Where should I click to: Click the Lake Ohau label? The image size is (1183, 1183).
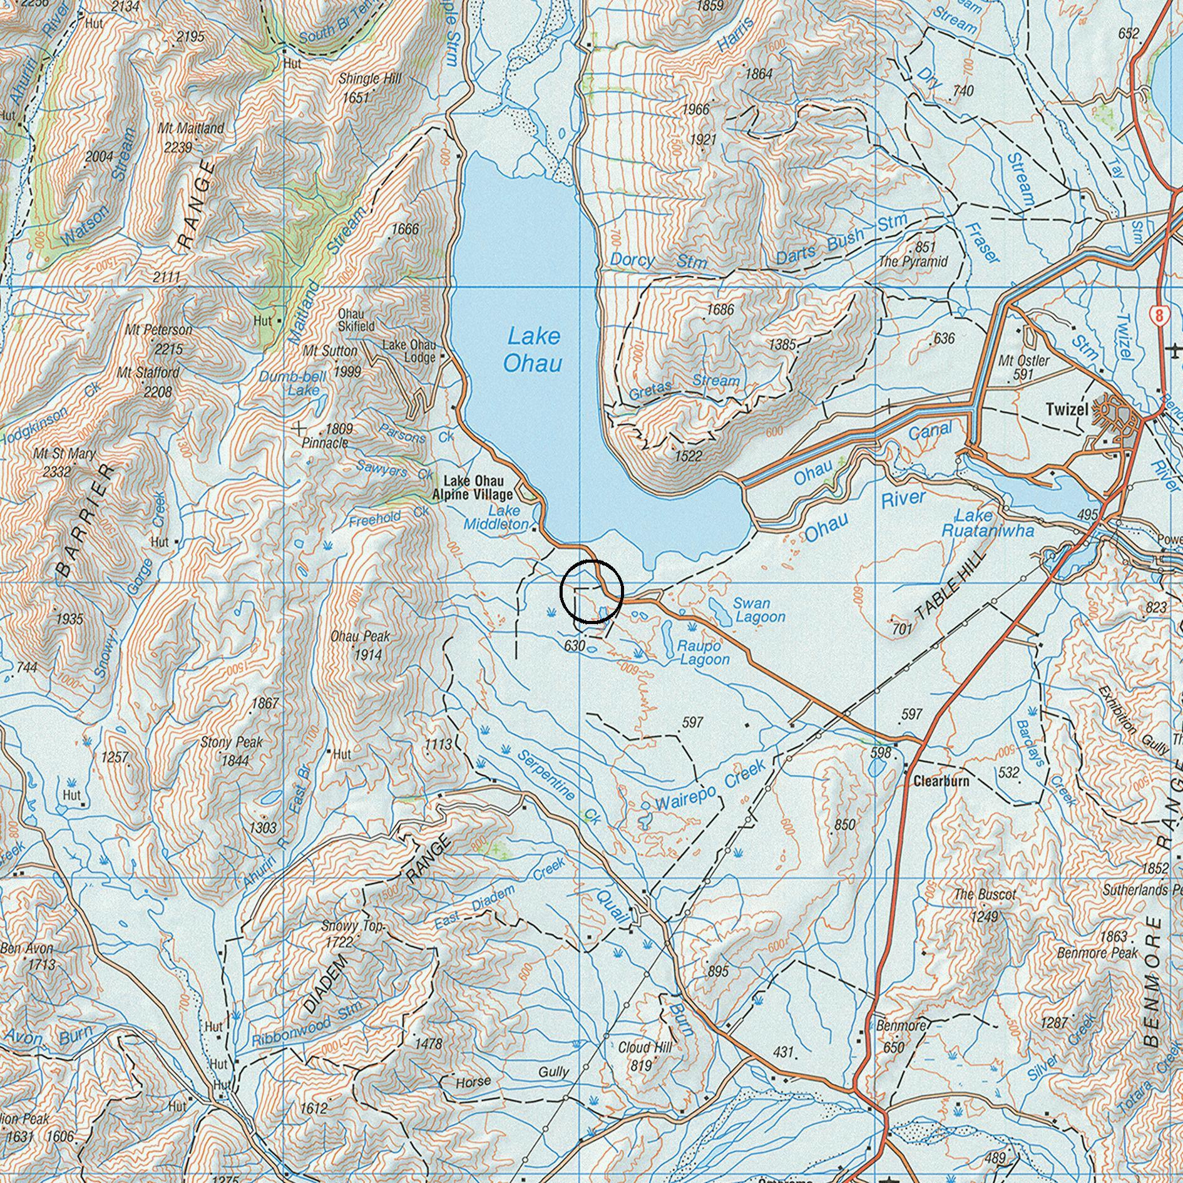(x=533, y=350)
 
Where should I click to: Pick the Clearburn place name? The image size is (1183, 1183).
(x=941, y=781)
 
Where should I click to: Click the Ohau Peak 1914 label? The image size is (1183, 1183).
(x=360, y=645)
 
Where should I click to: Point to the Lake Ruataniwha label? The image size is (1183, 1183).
(x=988, y=523)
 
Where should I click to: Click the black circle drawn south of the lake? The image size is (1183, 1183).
(x=591, y=591)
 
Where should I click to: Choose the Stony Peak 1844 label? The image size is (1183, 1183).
(x=232, y=751)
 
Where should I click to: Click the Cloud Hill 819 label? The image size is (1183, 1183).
(x=645, y=1055)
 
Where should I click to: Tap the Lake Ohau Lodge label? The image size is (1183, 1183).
(x=409, y=351)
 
